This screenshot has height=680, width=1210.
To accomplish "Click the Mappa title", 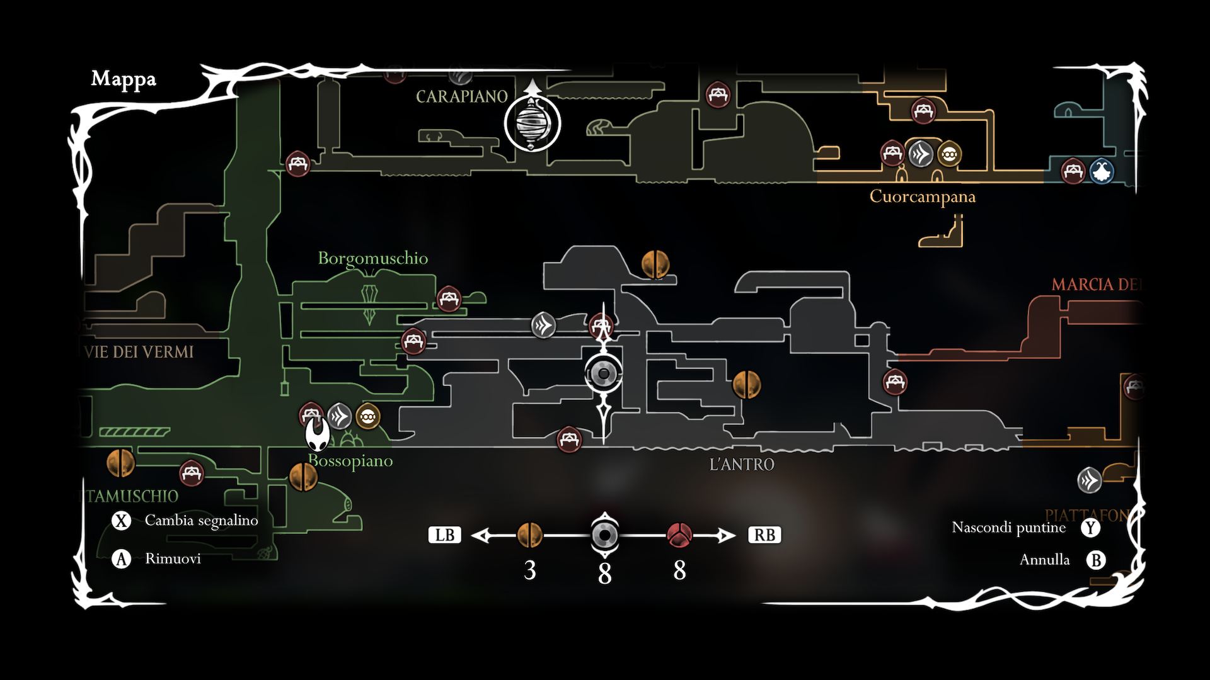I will [124, 79].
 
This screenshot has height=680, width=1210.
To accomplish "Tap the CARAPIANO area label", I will [462, 97].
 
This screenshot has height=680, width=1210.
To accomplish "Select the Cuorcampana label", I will [922, 196].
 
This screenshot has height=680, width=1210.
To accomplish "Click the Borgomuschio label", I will [372, 258].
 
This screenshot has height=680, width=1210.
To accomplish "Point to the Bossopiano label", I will [350, 461].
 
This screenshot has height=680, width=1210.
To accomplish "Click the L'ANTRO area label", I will [742, 465].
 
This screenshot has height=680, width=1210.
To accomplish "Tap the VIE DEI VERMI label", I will [139, 352].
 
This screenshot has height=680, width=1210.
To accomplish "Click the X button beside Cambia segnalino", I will [121, 521].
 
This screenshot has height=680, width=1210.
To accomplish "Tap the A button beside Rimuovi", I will [121, 559].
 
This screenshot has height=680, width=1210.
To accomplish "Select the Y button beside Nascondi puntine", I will [1090, 528].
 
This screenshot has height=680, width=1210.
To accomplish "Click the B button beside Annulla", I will [1096, 560].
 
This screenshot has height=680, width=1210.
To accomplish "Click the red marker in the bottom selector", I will [679, 535].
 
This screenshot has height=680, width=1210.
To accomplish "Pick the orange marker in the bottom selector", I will [530, 535].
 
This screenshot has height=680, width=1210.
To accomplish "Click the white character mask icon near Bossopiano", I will [318, 434].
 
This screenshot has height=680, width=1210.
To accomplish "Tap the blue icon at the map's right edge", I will [1102, 171].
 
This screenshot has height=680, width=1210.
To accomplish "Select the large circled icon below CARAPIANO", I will [533, 123].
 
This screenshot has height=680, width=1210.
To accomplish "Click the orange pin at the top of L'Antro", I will [655, 264].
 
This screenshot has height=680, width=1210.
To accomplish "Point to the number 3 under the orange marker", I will [530, 570].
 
